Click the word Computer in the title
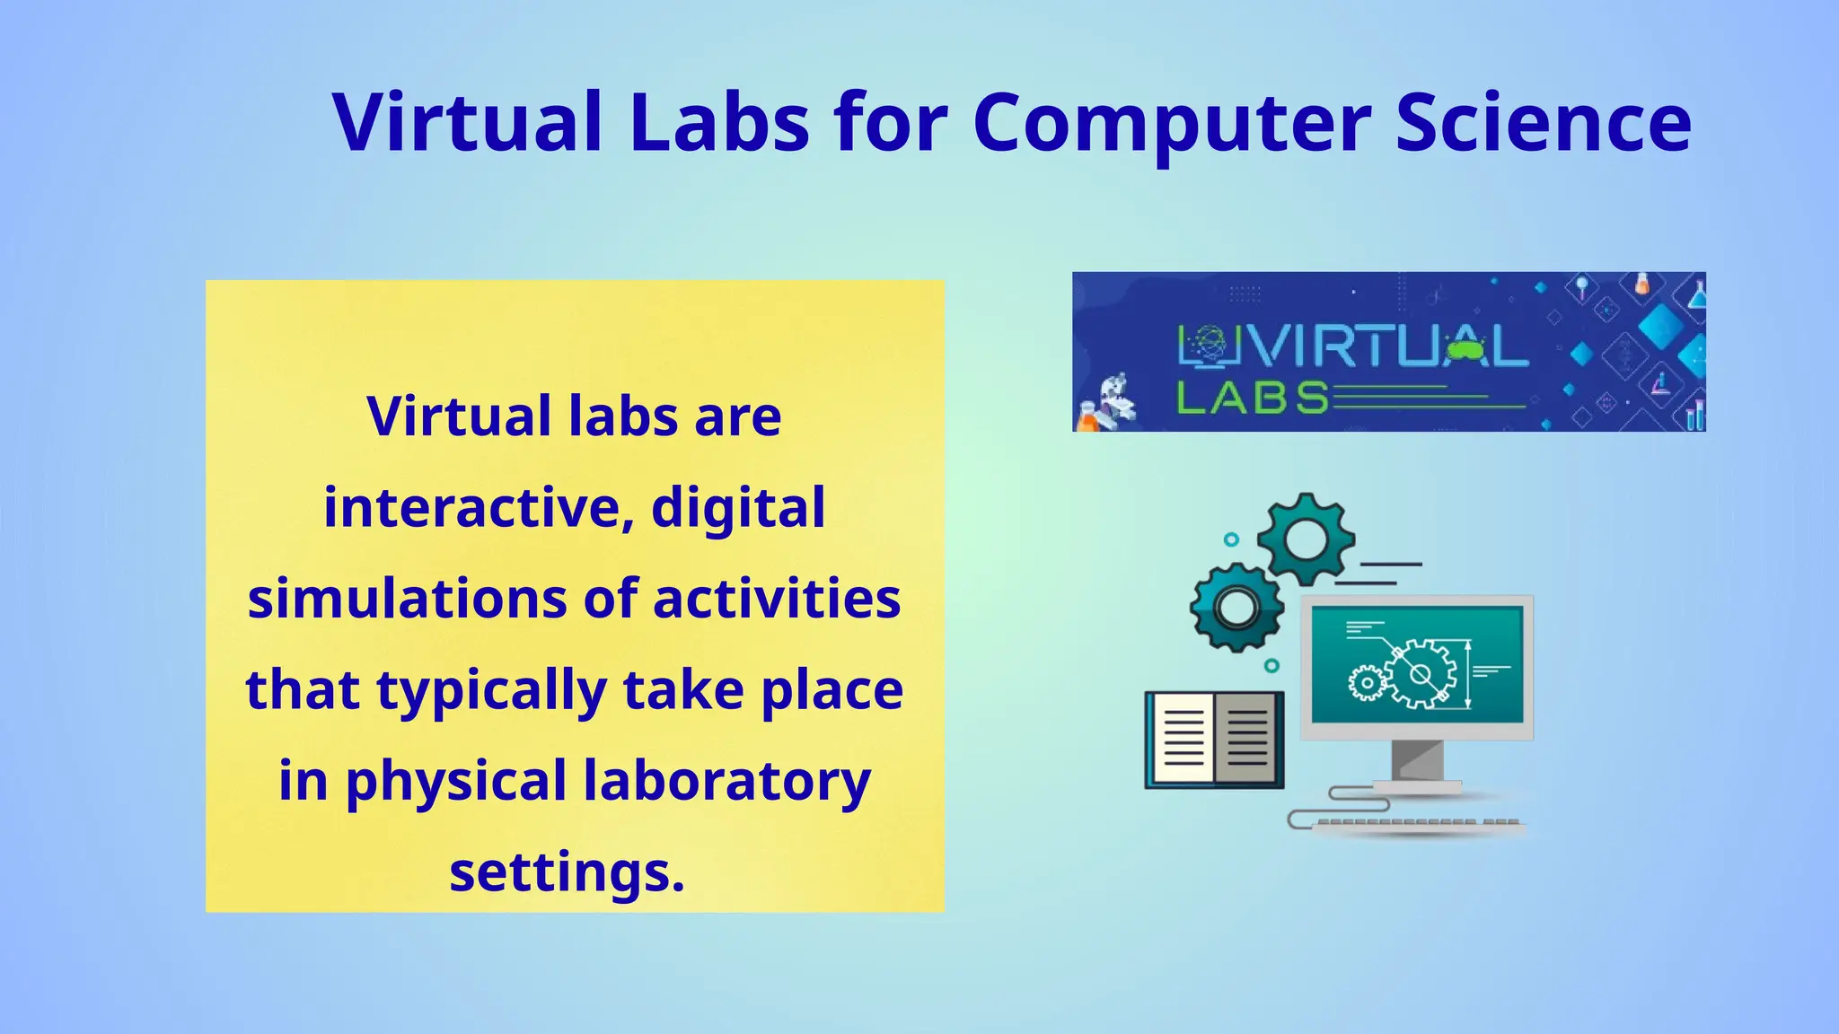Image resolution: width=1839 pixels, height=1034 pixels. click(1172, 124)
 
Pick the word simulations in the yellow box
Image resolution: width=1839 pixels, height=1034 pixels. click(408, 599)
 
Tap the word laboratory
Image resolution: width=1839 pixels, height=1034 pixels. click(727, 781)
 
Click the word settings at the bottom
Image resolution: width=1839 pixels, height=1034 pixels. click(567, 872)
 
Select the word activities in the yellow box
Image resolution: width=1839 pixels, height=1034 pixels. click(777, 599)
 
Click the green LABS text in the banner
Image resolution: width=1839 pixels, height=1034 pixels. click(1253, 398)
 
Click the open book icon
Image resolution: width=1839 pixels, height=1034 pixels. click(1214, 740)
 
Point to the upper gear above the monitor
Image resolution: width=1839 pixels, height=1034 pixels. click(1306, 539)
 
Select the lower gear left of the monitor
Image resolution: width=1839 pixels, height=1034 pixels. click(1236, 608)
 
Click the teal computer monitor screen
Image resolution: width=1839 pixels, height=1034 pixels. click(1417, 664)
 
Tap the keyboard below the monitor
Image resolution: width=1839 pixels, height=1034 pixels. click(1417, 823)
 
